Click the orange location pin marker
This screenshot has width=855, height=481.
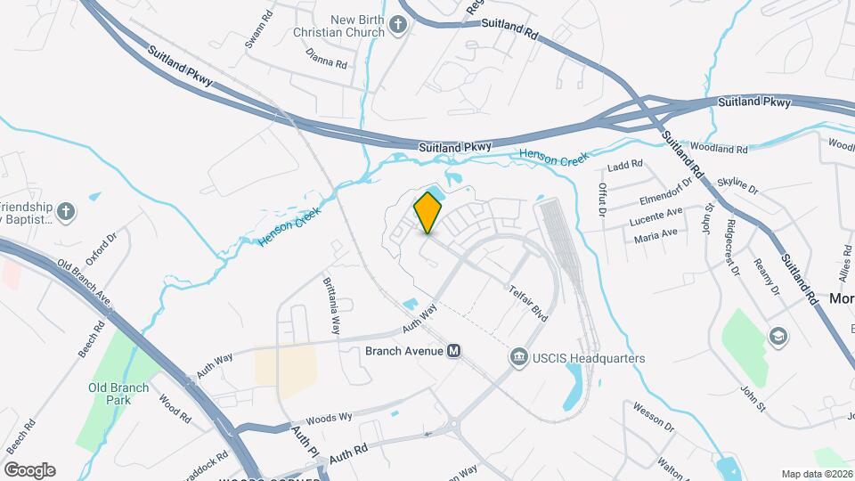tap(428, 212)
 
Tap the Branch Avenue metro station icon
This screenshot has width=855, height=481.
tap(454, 351)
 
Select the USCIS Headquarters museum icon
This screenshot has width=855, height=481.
tap(517, 358)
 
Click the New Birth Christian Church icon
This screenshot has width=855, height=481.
tap(399, 26)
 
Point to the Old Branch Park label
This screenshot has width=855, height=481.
tap(110, 394)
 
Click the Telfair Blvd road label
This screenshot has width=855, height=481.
tap(528, 304)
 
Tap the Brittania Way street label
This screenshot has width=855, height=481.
tap(332, 305)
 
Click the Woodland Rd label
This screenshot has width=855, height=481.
tap(718, 148)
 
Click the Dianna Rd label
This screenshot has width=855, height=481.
tap(325, 63)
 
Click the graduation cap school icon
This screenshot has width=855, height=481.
tap(778, 336)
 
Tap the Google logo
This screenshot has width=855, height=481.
tap(29, 470)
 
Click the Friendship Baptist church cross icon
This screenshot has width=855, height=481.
tap(65, 211)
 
